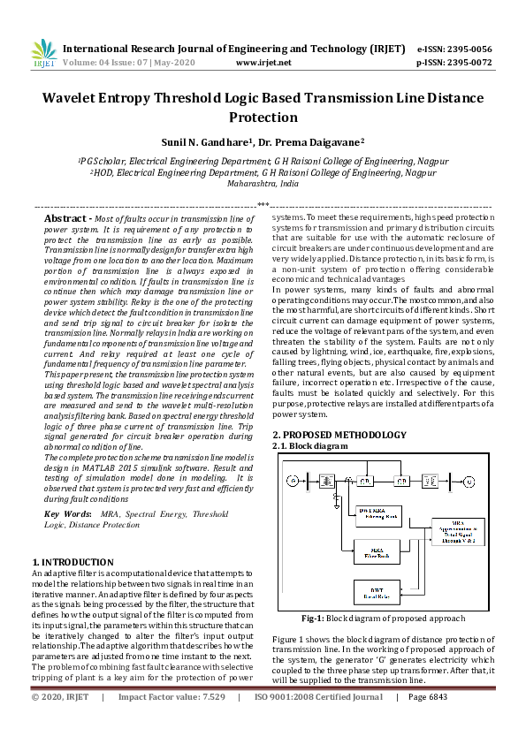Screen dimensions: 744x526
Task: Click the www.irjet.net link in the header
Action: pyautogui.click(x=264, y=63)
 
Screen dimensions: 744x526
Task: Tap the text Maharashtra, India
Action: pyautogui.click(x=263, y=186)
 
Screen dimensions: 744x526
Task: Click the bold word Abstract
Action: pyautogui.click(x=64, y=217)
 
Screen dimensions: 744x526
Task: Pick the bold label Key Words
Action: pyautogui.click(x=67, y=513)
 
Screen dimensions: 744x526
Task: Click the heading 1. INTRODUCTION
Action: pyautogui.click(x=72, y=562)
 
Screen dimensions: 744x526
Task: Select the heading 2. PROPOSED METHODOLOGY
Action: pyautogui.click(x=339, y=435)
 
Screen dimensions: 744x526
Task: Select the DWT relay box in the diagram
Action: pyautogui.click(x=378, y=590)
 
